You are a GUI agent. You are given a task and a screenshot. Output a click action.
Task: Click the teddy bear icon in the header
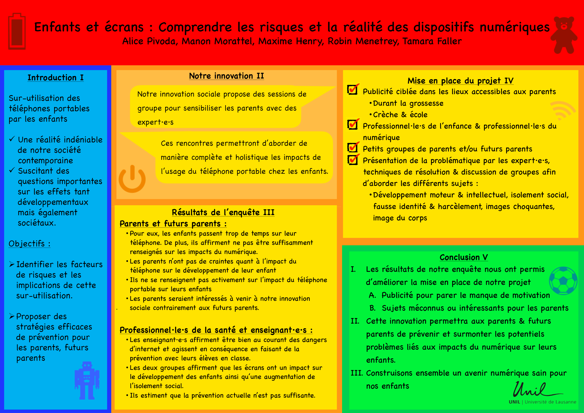564,35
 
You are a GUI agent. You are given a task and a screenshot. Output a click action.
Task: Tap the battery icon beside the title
17,31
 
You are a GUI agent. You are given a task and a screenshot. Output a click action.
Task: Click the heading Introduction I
55,78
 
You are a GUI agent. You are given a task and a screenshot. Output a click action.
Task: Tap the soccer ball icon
563,280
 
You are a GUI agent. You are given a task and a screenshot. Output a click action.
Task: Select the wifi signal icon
562,110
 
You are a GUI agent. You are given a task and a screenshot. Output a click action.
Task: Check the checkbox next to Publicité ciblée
352,90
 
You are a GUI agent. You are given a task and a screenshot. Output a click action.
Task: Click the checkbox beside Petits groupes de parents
352,147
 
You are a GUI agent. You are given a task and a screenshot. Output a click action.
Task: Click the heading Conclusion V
463,257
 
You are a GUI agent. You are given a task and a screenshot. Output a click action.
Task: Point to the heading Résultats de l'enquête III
223,212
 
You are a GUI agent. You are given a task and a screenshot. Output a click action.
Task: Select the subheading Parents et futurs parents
173,224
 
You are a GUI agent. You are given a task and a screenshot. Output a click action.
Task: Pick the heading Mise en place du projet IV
460,81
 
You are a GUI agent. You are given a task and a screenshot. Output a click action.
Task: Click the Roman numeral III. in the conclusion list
357,373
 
